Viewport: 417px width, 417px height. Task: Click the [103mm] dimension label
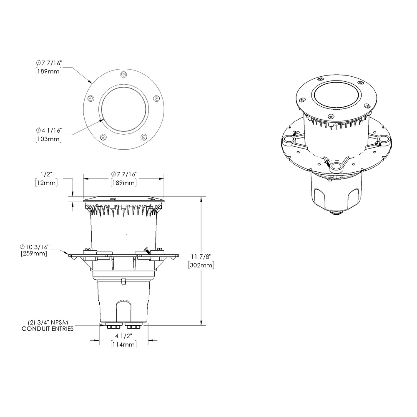tap(49, 139)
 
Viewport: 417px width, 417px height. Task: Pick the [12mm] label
tap(46, 183)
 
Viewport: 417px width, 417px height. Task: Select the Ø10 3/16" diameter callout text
tap(37, 247)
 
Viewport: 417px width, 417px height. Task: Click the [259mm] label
tap(34, 254)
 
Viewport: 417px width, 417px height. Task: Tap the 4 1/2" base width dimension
tap(124, 336)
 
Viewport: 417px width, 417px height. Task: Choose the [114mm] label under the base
tap(124, 344)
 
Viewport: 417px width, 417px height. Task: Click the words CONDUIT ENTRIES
tap(48, 329)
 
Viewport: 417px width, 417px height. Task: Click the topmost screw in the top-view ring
tap(123, 74)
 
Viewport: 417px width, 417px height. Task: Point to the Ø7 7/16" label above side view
tap(124, 174)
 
